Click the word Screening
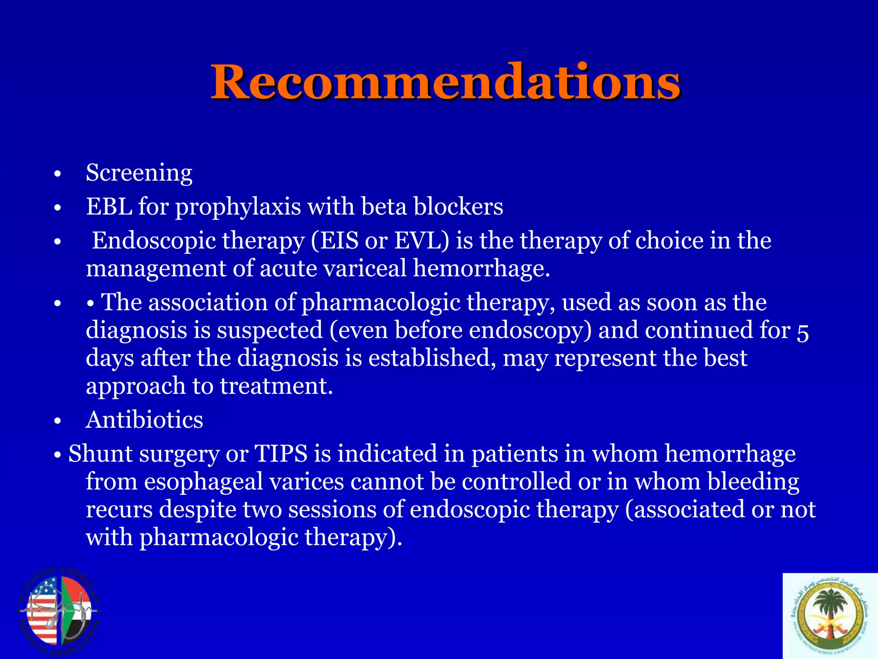[139, 173]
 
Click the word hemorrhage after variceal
[481, 269]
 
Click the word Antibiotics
[144, 420]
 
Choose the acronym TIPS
[281, 454]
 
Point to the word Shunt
[100, 454]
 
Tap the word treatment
[277, 386]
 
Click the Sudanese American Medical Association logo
[59, 611]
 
